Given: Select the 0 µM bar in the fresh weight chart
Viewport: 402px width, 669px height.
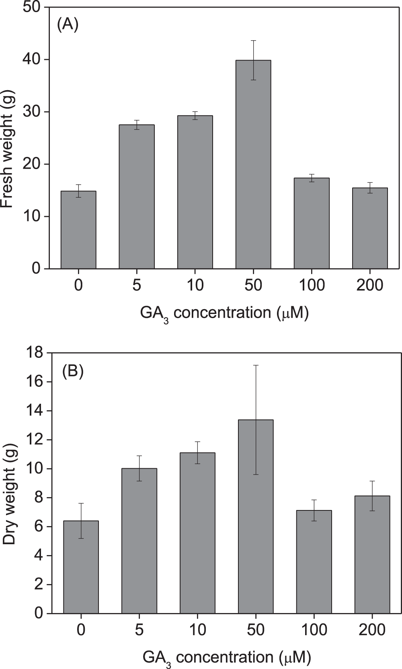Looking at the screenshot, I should click(78, 229).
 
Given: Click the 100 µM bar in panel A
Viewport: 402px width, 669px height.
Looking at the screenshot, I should click(312, 223).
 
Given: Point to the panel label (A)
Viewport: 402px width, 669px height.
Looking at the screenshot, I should click(67, 25).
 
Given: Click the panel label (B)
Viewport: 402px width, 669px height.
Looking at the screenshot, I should click(72, 372).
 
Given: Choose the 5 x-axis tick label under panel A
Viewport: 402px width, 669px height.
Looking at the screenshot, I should click(137, 285).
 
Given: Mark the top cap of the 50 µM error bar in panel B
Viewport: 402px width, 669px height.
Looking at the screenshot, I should click(256, 365).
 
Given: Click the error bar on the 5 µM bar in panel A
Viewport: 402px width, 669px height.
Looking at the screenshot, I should click(137, 125).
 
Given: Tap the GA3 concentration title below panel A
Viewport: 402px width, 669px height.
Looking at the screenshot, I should click(224, 313).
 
